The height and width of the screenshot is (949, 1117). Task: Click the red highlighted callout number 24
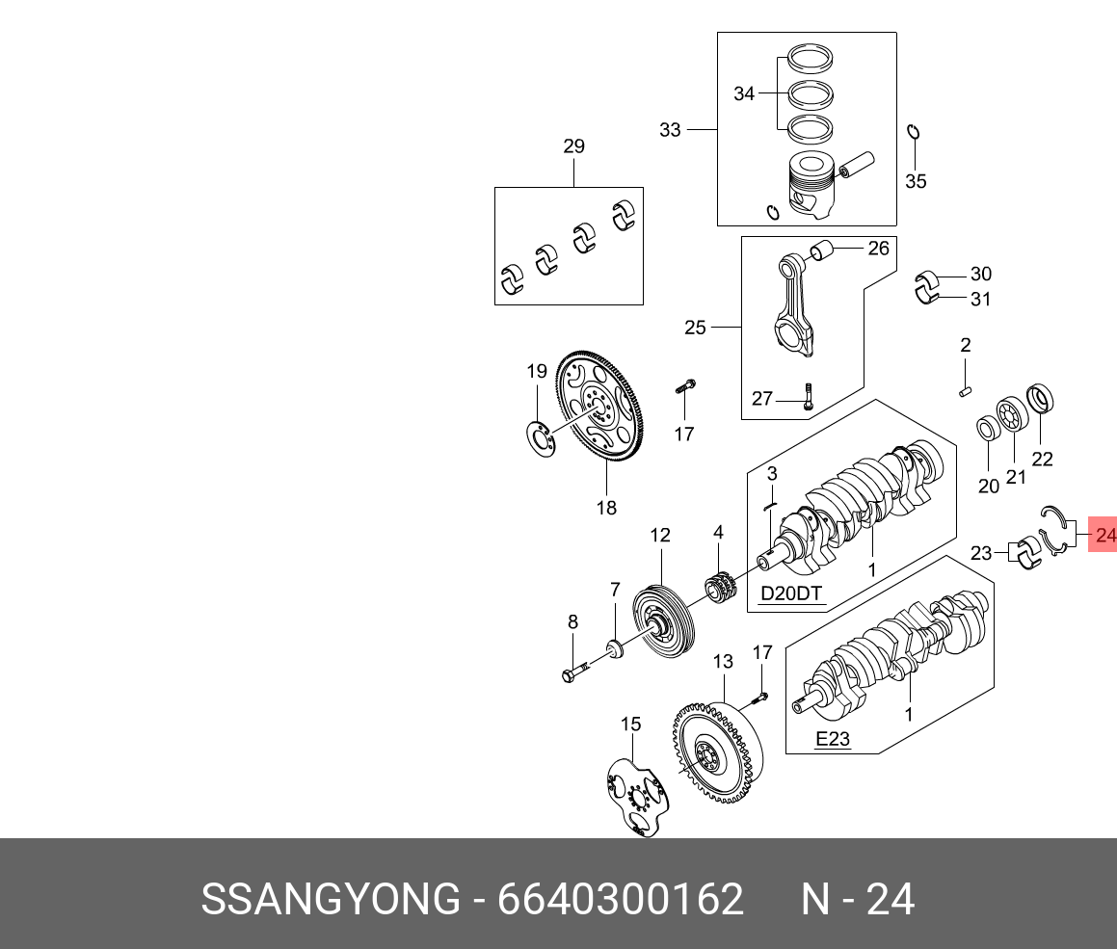pyautogui.click(x=1104, y=535)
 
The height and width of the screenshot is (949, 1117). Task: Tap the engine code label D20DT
pyautogui.click(x=791, y=593)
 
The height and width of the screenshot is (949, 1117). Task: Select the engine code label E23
pyautogui.click(x=832, y=739)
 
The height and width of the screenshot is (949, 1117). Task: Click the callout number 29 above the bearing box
pyautogui.click(x=573, y=147)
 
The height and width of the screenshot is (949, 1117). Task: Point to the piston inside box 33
pyautogui.click(x=810, y=185)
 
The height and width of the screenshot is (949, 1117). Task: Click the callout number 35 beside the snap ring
pyautogui.click(x=916, y=181)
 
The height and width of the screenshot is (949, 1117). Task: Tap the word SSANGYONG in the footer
pyautogui.click(x=331, y=900)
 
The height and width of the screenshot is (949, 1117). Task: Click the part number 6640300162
pyautogui.click(x=620, y=900)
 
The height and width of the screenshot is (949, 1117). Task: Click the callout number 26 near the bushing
pyautogui.click(x=878, y=249)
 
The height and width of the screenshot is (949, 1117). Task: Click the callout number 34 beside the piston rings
pyautogui.click(x=744, y=93)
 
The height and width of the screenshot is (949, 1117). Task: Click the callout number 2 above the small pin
pyautogui.click(x=965, y=345)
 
